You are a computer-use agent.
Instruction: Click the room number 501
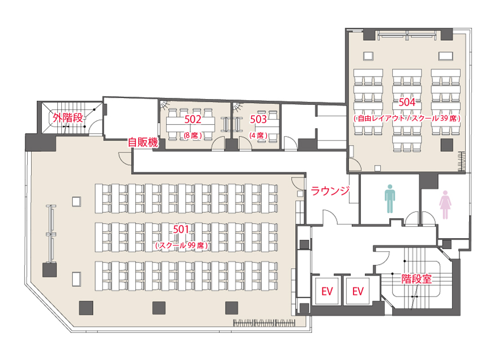point(181,230)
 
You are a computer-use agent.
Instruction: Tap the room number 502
point(193,120)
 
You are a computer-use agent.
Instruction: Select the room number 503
point(258,120)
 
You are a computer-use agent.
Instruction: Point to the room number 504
point(407,102)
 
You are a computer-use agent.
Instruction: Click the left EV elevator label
point(327,291)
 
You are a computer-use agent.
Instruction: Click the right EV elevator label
point(358,291)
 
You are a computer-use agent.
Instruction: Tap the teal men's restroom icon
point(390,198)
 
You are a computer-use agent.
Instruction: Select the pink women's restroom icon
point(445,205)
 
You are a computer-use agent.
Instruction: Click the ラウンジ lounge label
point(330,191)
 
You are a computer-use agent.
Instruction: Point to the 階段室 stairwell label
point(416,279)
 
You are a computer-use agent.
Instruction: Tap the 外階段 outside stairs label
point(68,118)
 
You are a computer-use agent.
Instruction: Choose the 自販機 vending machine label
point(143,142)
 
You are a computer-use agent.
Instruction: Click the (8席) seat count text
point(193,136)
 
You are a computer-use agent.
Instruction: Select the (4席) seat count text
point(258,136)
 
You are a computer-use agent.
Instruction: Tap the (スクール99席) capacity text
point(181,245)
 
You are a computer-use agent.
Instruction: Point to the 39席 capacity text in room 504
point(449,118)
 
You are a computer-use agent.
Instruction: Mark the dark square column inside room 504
point(447,145)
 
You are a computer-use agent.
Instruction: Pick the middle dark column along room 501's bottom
point(159,308)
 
